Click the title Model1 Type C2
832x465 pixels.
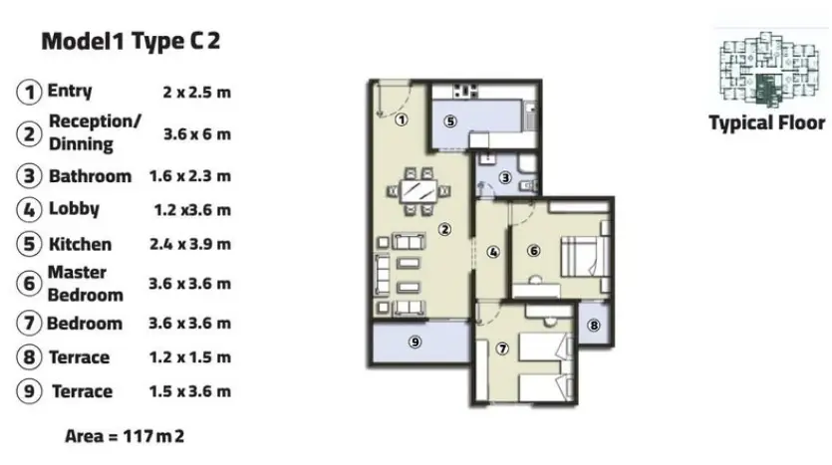click(x=131, y=42)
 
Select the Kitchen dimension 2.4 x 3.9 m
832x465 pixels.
click(x=190, y=244)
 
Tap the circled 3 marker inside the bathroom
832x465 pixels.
click(x=505, y=177)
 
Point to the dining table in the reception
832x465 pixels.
click(x=419, y=191)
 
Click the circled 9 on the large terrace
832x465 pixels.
click(x=416, y=342)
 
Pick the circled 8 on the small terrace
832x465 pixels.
click(x=594, y=325)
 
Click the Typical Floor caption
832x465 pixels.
click(x=766, y=123)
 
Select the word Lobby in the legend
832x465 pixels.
click(x=74, y=209)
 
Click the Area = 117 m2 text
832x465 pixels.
click(x=125, y=436)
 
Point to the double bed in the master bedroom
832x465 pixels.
click(x=585, y=256)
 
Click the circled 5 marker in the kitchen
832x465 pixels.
click(x=450, y=121)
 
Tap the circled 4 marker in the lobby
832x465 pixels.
click(x=493, y=252)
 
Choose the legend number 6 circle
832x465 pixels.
click(x=29, y=283)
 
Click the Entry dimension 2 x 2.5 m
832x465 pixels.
click(x=197, y=93)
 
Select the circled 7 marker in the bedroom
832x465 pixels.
click(x=502, y=349)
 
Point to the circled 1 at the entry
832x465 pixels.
click(x=402, y=119)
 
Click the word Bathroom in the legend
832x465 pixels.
click(x=91, y=176)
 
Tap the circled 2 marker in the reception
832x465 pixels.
click(x=444, y=229)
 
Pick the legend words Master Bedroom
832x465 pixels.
click(x=86, y=284)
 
